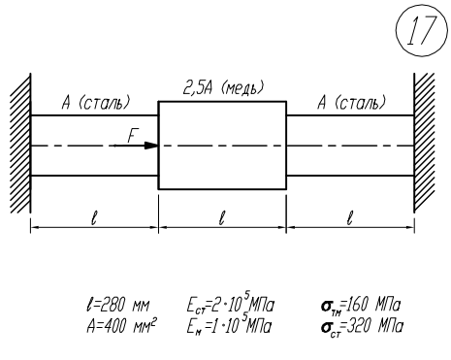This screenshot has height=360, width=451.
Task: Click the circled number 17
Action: click(422, 29)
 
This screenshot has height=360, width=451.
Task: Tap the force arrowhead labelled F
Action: click(151, 146)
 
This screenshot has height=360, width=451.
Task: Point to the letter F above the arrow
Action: click(132, 136)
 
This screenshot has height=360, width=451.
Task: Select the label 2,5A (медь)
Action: click(223, 88)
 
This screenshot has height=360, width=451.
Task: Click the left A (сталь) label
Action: click(96, 103)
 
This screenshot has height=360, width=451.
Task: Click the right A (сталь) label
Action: click(352, 103)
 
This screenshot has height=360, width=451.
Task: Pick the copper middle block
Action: click(222, 146)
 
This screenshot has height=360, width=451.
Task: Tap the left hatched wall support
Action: click(20, 144)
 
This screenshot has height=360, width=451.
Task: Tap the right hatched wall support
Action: click(424, 144)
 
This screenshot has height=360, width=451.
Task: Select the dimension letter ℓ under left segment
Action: click(94, 218)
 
